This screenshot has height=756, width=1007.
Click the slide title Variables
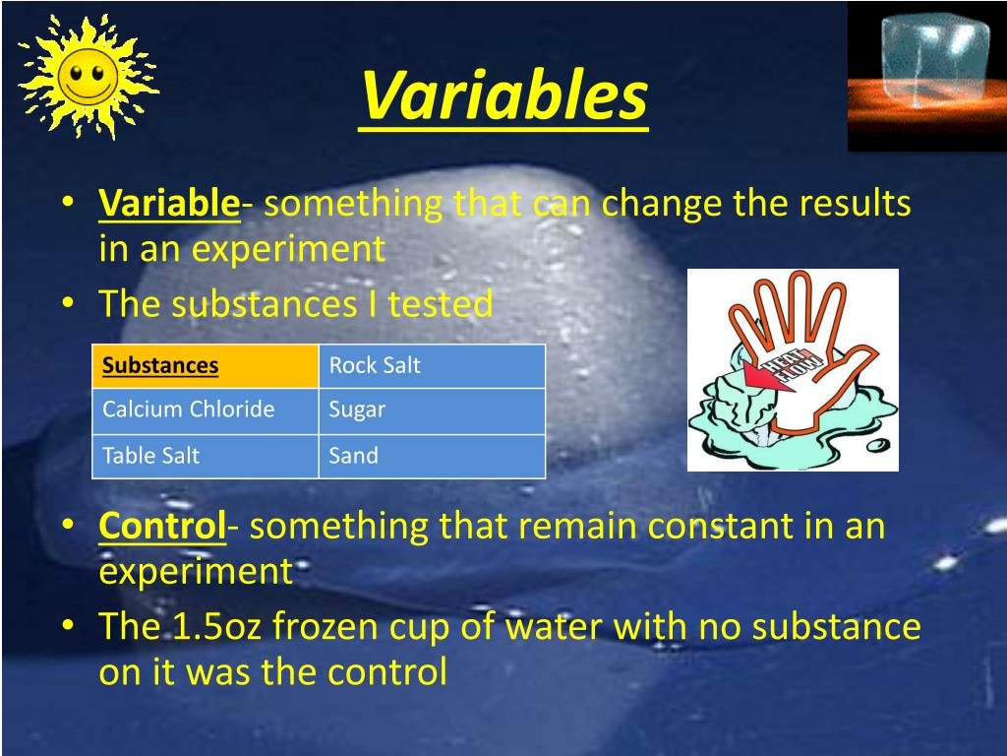point(503,95)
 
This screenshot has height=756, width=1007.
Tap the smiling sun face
point(86,77)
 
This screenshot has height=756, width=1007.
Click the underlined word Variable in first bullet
point(169,205)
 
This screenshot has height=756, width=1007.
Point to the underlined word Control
point(162,527)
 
